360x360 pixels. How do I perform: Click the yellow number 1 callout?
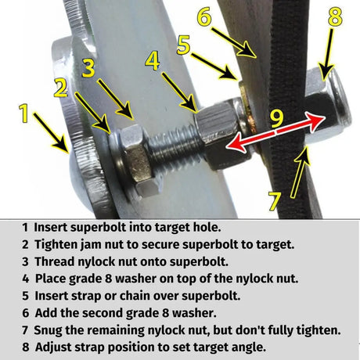[x=24, y=113]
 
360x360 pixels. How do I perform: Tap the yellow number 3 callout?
[x=88, y=68]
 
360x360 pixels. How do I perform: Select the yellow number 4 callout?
[x=153, y=61]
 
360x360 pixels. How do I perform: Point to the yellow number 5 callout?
[x=183, y=45]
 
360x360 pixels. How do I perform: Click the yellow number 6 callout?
[x=204, y=17]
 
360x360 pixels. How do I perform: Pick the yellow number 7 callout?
[x=275, y=201]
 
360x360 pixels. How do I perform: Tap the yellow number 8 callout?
[x=335, y=16]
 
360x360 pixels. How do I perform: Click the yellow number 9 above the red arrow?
[x=276, y=119]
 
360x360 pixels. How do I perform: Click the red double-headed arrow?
[x=275, y=133]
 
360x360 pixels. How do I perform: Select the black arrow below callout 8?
[x=327, y=55]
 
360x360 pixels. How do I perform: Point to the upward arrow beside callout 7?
[x=300, y=172]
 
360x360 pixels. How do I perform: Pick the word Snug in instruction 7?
[x=49, y=330]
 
